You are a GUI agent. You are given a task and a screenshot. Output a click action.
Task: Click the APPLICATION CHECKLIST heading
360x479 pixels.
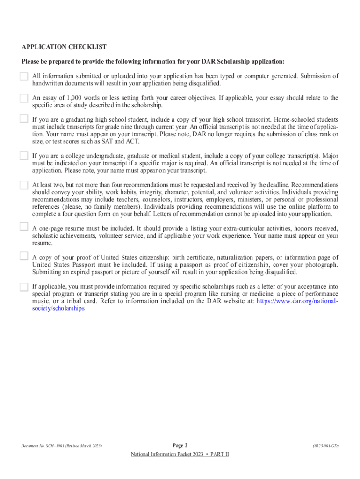pos(64,47)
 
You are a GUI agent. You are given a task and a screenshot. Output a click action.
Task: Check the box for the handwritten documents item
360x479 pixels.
pos(24,76)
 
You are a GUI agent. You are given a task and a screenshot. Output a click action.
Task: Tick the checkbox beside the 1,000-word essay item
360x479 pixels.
pos(24,98)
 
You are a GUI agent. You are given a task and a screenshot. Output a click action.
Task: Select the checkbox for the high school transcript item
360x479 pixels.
pos(24,119)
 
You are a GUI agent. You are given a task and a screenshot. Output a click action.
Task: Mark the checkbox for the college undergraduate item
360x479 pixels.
pos(24,156)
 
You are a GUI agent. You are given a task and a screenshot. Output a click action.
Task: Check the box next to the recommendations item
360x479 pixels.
pos(24,185)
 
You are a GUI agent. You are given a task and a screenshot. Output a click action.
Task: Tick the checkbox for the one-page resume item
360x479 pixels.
pos(24,227)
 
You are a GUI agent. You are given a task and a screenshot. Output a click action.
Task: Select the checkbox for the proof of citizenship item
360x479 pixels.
pos(24,256)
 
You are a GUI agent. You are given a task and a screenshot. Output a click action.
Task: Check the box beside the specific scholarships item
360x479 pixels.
pos(24,287)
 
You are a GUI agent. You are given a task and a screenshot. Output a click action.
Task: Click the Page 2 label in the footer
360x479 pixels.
pos(180,445)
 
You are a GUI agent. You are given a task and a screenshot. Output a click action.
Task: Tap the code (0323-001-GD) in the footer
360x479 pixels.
pos(325,446)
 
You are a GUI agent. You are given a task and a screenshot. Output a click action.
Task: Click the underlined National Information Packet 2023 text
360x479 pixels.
pos(180,455)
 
